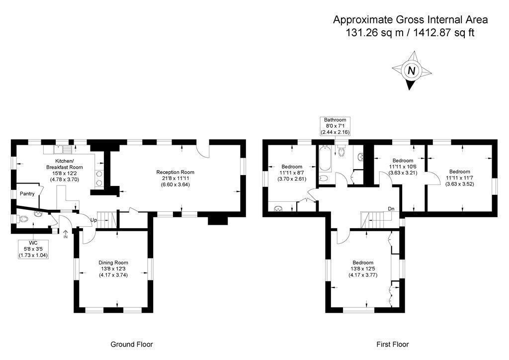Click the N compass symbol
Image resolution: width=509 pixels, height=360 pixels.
tap(411, 71)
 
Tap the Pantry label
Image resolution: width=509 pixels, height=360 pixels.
tap(26, 194)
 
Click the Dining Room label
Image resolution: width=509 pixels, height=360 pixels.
tap(113, 269)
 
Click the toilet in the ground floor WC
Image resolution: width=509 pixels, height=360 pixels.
tap(23, 219)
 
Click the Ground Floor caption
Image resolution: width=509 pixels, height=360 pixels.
tap(131, 344)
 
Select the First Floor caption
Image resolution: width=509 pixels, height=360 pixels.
tap(392, 344)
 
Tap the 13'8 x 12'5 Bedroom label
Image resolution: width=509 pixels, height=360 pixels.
tap(363, 269)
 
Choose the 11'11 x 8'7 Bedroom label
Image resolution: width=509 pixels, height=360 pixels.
tap(292, 173)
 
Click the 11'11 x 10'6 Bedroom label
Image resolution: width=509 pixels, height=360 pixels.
tap(403, 167)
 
